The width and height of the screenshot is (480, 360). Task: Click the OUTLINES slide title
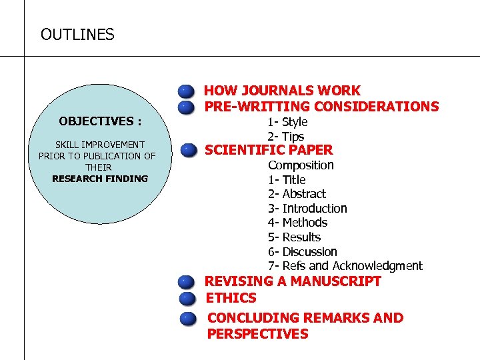tap(77, 34)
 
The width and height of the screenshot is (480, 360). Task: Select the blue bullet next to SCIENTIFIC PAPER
tap(189, 149)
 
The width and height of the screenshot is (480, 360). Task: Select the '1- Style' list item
tap(287, 122)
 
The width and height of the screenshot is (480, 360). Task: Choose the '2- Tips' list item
tap(285, 136)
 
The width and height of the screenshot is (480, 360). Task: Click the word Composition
tap(301, 165)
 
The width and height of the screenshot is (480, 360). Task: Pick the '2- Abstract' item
tap(297, 194)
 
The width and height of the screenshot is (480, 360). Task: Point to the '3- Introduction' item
tap(307, 209)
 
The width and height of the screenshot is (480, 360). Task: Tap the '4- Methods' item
tap(297, 223)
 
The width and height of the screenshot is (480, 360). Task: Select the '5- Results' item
tap(294, 237)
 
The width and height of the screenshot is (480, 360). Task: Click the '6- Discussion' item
tap(302, 252)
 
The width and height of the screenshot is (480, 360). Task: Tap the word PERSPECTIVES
tap(257, 334)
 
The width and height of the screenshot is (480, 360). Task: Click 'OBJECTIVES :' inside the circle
tap(100, 121)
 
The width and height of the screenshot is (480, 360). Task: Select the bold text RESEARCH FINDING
tap(100, 179)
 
